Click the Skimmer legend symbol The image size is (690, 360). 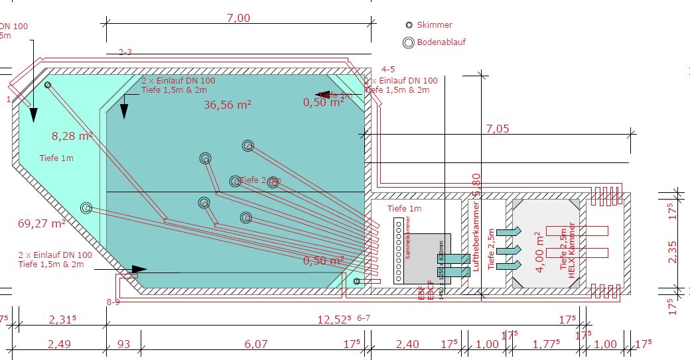click(409, 25)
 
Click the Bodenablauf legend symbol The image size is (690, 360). click(409, 42)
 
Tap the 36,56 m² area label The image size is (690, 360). click(228, 104)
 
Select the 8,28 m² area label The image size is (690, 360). click(72, 137)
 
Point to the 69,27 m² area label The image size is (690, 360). click(41, 223)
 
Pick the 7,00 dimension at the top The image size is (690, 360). click(238, 19)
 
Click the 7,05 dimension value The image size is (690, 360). click(498, 128)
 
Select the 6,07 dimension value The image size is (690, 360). click(255, 344)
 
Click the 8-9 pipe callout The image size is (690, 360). click(113, 302)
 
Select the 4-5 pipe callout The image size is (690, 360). click(388, 69)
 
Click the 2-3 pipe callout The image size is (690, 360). click(125, 51)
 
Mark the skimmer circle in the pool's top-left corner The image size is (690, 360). click(48, 85)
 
